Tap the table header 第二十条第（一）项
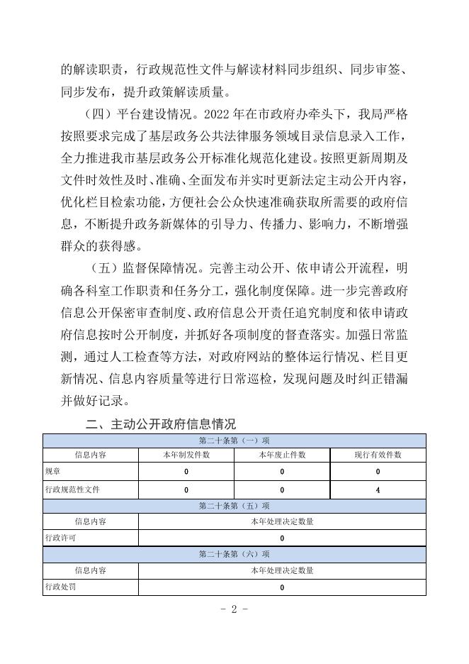point(234,441)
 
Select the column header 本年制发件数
point(186,455)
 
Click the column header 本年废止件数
point(281,455)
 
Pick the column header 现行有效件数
point(378,455)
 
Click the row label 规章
point(53,472)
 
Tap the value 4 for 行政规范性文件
point(378,489)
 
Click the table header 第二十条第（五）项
point(234,506)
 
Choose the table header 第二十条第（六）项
point(234,554)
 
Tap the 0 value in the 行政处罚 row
point(282,587)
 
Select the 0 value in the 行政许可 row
point(282,538)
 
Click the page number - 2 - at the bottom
point(234,611)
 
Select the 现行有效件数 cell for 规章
point(378,472)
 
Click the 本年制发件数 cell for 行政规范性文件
point(186,489)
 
